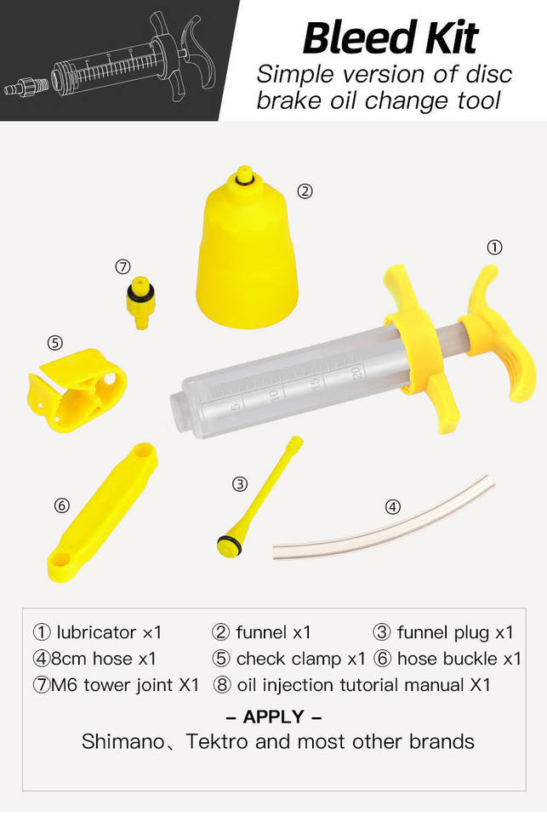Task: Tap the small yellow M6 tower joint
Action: (x=140, y=302)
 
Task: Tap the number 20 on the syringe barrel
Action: (x=356, y=372)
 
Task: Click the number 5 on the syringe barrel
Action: (x=237, y=404)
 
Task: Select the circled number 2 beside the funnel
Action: (x=305, y=191)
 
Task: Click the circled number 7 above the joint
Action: (x=123, y=266)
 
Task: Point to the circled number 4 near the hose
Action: (x=393, y=506)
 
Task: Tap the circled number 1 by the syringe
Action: (x=494, y=247)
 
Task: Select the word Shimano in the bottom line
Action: (x=123, y=741)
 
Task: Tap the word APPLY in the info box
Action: (x=274, y=717)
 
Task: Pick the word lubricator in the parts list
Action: (x=96, y=632)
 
